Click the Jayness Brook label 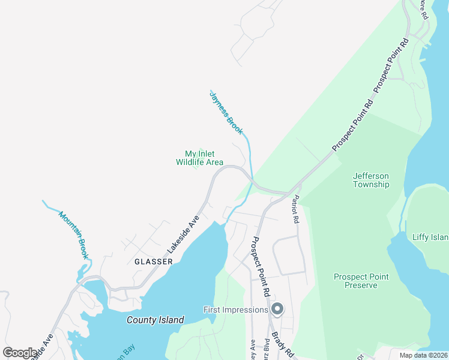tap(226, 112)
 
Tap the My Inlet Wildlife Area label tap(199, 158)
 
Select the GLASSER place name tap(153, 262)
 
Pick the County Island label tap(155, 320)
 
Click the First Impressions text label tap(235, 310)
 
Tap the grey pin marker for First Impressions tap(277, 310)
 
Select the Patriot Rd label tap(295, 210)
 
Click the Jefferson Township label tap(371, 180)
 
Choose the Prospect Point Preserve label tap(361, 281)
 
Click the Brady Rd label tap(281, 345)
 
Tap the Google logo tap(20, 353)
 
